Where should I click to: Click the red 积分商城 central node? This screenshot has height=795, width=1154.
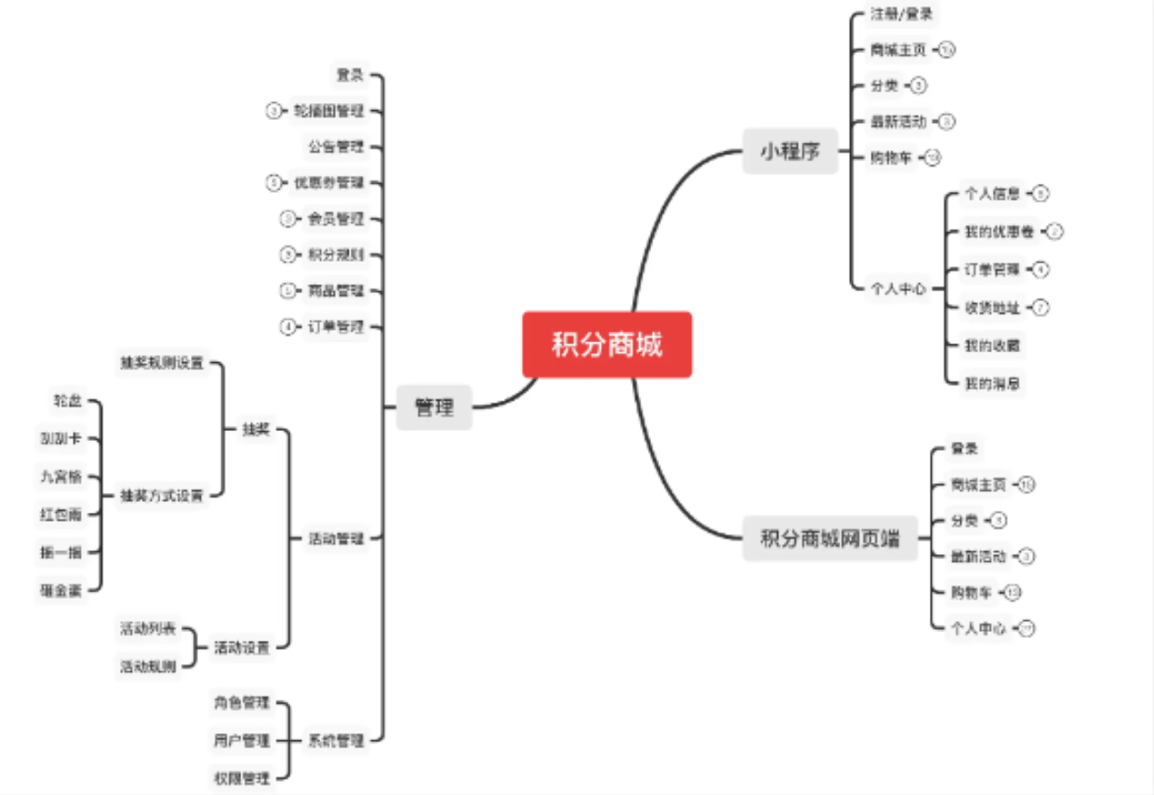pos(607,345)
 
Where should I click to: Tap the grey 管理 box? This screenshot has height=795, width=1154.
pos(434,408)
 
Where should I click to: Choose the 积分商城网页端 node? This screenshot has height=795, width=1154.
pos(829,539)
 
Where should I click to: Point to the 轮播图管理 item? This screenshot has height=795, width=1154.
pos(329,111)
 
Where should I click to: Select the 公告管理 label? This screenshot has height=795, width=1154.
pos(336,146)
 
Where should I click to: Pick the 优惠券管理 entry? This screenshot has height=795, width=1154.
pos(329,183)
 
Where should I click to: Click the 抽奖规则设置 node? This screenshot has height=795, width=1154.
pos(162,363)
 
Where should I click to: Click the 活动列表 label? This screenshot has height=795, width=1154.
pos(148,628)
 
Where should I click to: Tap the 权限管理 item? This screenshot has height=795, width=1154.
pos(242,778)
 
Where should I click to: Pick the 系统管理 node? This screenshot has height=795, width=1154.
pos(336,740)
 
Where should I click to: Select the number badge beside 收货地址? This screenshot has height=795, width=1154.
pos(1040,307)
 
